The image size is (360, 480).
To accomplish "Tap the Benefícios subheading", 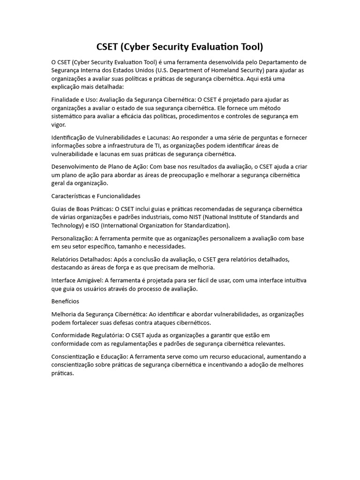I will (66, 301).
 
